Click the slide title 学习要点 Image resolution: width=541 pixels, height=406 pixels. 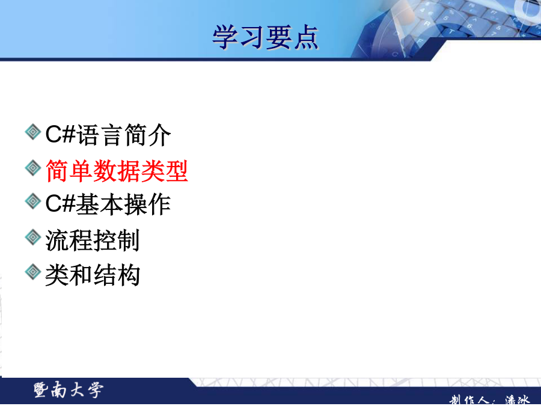click(265, 37)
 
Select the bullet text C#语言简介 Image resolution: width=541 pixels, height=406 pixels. click(108, 135)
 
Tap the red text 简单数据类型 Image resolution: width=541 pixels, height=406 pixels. click(117, 171)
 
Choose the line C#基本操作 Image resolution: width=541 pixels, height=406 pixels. click(108, 204)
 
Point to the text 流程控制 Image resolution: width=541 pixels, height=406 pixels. click(93, 240)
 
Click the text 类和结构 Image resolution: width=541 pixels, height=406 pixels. click(93, 275)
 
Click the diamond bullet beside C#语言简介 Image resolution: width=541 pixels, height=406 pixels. click(33, 132)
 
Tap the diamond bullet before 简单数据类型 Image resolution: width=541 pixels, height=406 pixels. click(33, 168)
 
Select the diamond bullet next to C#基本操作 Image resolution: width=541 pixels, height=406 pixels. click(33, 201)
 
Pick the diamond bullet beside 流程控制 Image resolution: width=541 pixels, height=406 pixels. click(33, 237)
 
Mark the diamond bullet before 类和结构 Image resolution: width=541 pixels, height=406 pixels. click(33, 272)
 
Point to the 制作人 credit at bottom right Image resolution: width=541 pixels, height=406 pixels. click(489, 400)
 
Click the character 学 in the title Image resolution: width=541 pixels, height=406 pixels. click(225, 37)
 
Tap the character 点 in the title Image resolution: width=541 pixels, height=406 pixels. click(306, 37)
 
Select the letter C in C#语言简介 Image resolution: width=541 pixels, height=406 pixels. click(53, 134)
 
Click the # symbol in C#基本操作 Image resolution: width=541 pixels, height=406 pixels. click(69, 203)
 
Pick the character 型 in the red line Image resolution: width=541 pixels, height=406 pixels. click(177, 171)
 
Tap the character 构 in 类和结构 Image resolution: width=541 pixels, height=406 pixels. click(129, 275)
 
